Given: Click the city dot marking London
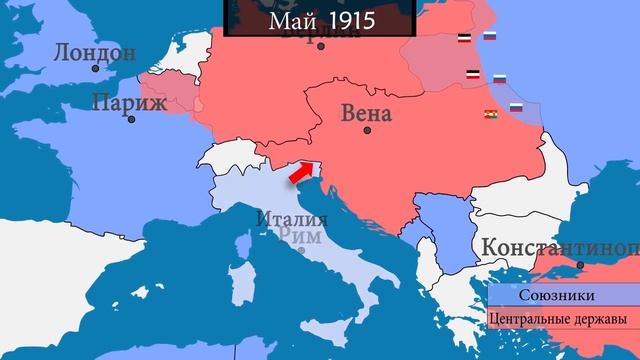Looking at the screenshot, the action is click(x=96, y=68).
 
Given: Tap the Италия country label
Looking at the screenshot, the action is click(x=291, y=219).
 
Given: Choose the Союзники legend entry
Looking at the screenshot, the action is click(x=556, y=295).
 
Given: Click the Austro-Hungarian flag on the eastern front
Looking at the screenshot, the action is click(x=492, y=113).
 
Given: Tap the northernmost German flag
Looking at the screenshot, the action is click(x=462, y=38).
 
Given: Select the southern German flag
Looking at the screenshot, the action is click(x=471, y=76).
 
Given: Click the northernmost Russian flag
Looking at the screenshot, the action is click(x=490, y=37).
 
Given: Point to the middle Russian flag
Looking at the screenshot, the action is click(x=499, y=77).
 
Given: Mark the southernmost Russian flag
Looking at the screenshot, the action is click(x=517, y=107).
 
